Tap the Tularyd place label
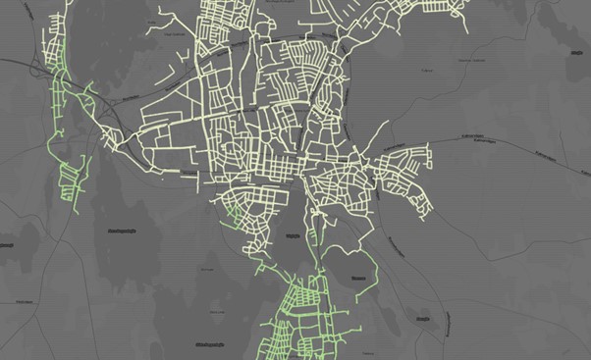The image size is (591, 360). [x=426, y=70]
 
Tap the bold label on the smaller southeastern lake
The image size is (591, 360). [x=424, y=318]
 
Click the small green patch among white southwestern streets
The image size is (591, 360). [x=234, y=208]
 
